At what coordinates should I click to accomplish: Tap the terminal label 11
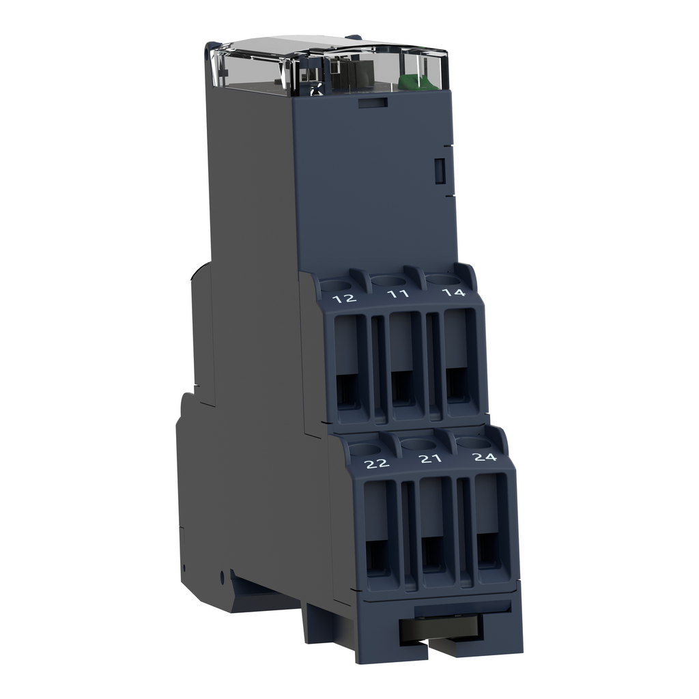coord(398,294)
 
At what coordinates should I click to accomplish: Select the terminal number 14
coord(453,293)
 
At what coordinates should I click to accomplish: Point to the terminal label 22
coord(376,463)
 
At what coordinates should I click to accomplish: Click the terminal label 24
coord(484,457)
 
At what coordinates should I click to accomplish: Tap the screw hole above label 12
coord(334,285)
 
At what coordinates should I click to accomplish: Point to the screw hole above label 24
coord(470,442)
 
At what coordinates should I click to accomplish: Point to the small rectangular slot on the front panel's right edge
coord(440,170)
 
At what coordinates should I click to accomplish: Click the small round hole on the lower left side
coord(222,577)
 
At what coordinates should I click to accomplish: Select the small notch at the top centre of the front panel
coord(373,102)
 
